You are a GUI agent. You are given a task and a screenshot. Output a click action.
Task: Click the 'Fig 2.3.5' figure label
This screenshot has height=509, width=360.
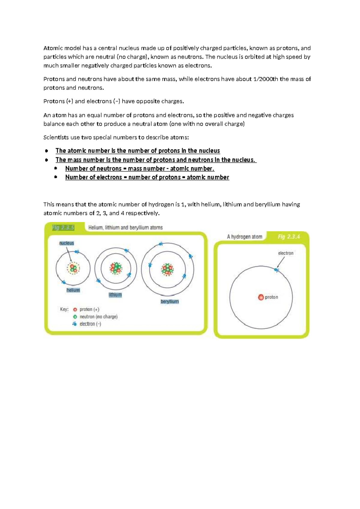(x=63, y=227)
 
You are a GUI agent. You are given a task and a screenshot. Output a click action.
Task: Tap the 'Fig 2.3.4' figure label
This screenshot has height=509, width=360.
(x=289, y=237)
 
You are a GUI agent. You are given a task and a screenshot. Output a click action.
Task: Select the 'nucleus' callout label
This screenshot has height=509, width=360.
(x=67, y=243)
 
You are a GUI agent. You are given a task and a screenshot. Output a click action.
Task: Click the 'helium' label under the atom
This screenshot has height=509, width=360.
(x=73, y=290)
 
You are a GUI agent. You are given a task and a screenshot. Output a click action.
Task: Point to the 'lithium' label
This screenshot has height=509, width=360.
(x=115, y=295)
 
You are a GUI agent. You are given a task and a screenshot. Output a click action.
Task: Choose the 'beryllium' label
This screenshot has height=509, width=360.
(x=169, y=301)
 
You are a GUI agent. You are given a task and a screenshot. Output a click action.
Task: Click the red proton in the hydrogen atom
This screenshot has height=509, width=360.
(x=261, y=297)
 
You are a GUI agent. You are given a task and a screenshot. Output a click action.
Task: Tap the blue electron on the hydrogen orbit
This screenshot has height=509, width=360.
(x=276, y=270)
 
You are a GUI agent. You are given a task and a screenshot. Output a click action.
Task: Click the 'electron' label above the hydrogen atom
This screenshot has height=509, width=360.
(x=286, y=253)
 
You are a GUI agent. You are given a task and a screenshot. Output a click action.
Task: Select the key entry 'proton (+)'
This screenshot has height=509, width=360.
(x=89, y=309)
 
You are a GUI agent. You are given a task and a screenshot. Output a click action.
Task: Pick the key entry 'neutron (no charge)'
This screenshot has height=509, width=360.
(x=98, y=317)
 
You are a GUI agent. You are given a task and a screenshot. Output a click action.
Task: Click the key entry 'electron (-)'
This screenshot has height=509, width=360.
(x=90, y=324)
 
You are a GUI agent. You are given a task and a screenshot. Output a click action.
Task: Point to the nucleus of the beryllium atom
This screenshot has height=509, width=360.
(x=167, y=269)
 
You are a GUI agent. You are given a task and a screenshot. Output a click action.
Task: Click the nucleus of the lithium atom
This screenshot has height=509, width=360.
(x=115, y=268)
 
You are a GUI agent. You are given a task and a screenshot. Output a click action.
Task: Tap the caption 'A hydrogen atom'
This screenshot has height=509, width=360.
(x=244, y=237)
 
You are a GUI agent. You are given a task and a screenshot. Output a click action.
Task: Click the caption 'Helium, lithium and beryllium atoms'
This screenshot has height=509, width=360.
(x=125, y=227)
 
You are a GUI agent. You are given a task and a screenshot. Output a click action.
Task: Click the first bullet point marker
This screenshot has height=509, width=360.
(x=46, y=151)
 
